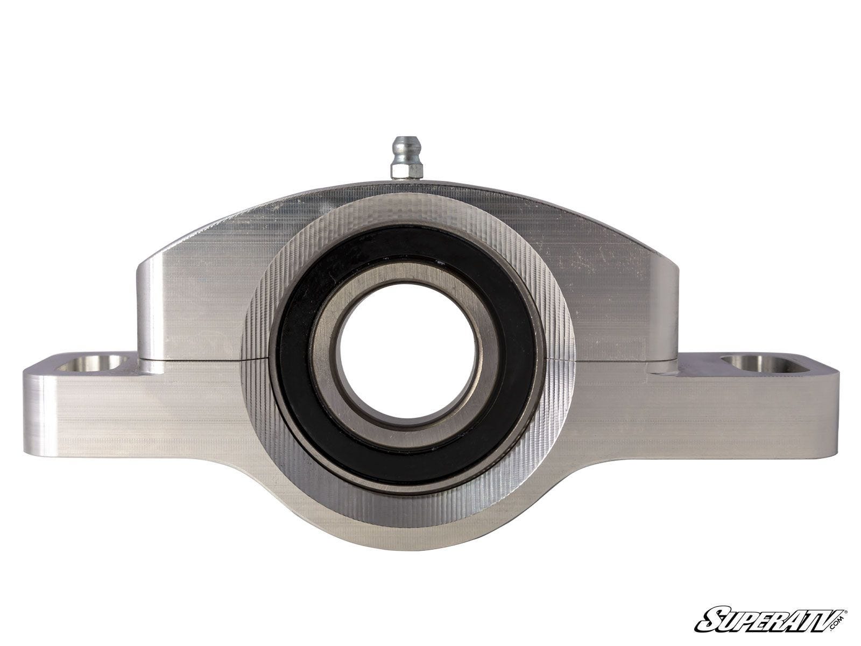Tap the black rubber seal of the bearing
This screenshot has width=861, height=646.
408,355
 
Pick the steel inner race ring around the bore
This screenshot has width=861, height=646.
408,353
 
